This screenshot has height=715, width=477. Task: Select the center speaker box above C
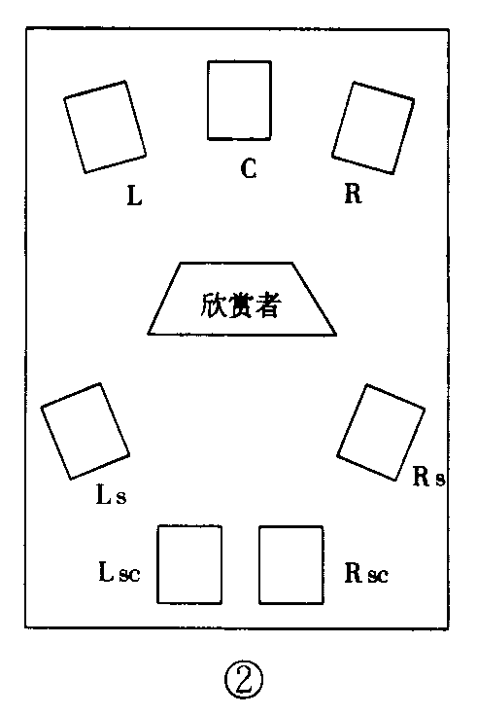pos(240,99)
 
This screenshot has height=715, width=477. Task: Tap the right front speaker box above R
pos(374,127)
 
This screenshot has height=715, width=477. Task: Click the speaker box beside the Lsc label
pos(189,564)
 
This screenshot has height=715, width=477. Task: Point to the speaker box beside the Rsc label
pos(291,564)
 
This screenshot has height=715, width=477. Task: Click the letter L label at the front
pos(134,197)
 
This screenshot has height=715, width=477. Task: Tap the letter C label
pos(249,169)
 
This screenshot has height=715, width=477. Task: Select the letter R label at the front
pos(353,195)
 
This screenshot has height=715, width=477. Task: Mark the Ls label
pos(110,496)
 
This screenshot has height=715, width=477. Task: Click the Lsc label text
pos(119,571)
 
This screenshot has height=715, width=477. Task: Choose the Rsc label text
pos(366,572)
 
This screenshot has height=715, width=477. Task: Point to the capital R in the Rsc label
pos(354,571)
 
